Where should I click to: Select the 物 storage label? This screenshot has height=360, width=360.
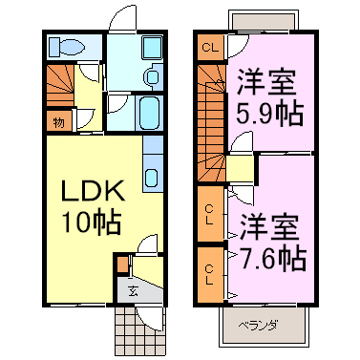pos(58,120)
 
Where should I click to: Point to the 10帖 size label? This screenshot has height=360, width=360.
pos(92,222)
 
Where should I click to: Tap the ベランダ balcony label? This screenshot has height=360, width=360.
pos(258,327)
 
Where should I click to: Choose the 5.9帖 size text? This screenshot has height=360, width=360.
pos(271,112)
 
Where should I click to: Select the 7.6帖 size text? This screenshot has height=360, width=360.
pos(272,257)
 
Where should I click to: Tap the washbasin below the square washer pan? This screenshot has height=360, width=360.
pos(152,77)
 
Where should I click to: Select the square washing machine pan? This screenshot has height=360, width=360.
pos(150,49)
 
